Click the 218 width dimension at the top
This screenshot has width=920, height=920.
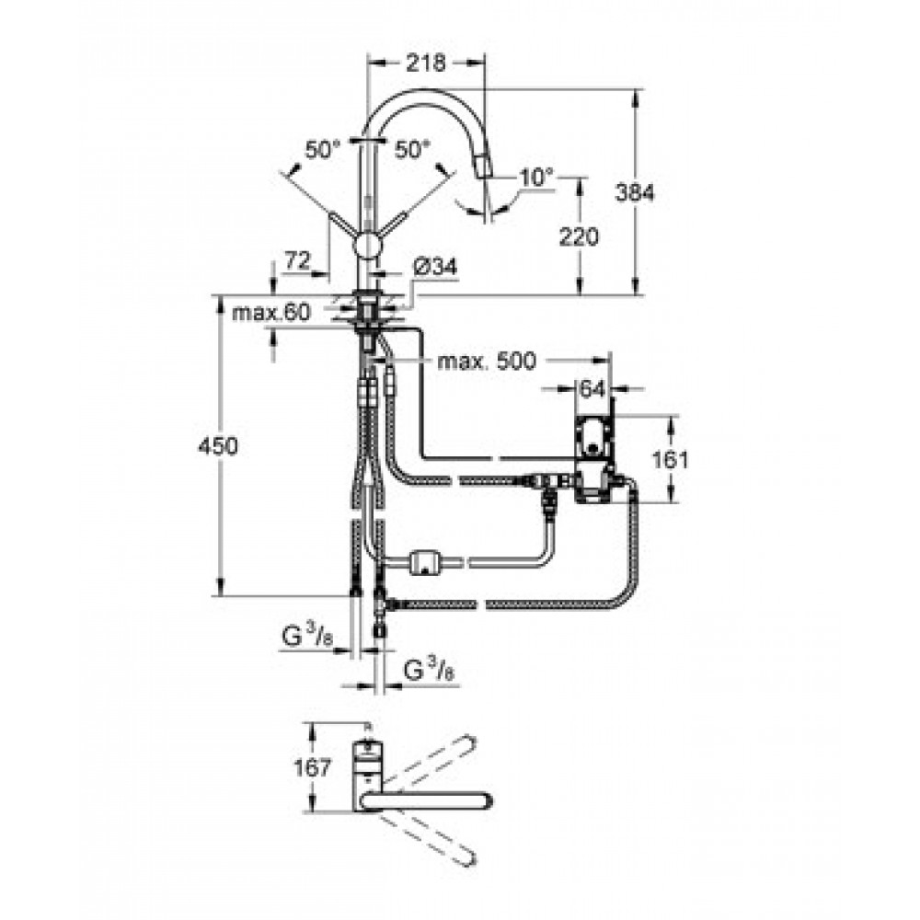pos(426,63)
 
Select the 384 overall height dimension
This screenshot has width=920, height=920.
pos(635,192)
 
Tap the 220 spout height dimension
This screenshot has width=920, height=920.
pos(579,236)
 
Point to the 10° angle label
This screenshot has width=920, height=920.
pos(536,177)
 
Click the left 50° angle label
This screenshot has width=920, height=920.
pos(322,150)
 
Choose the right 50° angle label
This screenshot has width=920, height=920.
pos(412,150)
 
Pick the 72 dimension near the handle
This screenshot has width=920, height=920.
pos(297,260)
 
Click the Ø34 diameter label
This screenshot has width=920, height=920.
pos(435,268)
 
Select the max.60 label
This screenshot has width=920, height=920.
pos(271,313)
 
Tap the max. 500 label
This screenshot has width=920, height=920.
pos(487,361)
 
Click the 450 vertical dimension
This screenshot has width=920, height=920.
pos(218,446)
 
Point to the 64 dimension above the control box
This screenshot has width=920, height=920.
pos(592,388)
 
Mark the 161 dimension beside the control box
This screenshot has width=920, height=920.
pos(670,459)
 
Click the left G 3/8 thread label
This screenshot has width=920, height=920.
pos(307,638)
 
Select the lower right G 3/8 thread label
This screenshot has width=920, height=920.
pos(430,670)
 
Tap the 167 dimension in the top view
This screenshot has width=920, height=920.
pos(312,767)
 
